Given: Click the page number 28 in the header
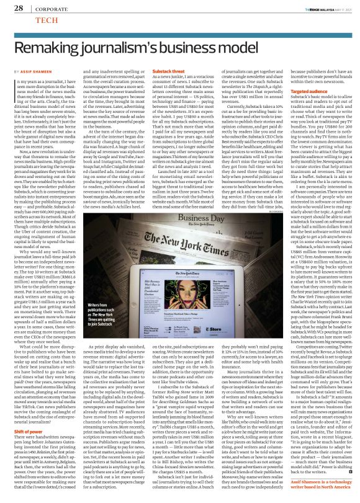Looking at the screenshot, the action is pyautogui.click(x=18, y=8).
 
